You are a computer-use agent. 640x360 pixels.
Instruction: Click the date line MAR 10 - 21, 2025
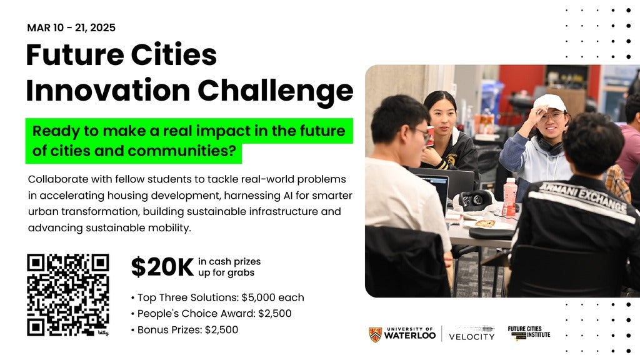point(71,27)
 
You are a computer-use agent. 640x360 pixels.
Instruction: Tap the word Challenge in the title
point(276,91)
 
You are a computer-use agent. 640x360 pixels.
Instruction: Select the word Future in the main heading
point(75,55)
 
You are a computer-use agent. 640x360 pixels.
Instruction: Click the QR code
point(67,295)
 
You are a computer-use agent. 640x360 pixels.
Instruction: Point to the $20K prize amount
point(162,267)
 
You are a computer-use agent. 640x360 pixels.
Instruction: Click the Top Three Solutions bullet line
point(217,297)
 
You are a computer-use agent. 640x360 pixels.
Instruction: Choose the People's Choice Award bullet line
point(211,314)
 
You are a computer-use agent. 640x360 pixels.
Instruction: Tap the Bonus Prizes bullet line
point(184,330)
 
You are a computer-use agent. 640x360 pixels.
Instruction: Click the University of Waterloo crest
point(375,334)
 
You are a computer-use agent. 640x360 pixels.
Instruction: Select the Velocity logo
point(472,334)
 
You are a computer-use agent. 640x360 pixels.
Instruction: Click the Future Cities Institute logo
point(529,333)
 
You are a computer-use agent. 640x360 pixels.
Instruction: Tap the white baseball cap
point(550,103)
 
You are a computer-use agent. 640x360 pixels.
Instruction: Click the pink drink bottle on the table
point(509,197)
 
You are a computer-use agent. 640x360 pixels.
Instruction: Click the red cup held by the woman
point(431,136)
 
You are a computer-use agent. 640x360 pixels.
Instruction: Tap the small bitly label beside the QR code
point(103,333)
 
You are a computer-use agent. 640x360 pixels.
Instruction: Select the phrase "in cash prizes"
point(229,262)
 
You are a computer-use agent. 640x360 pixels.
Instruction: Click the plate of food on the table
point(484,224)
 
